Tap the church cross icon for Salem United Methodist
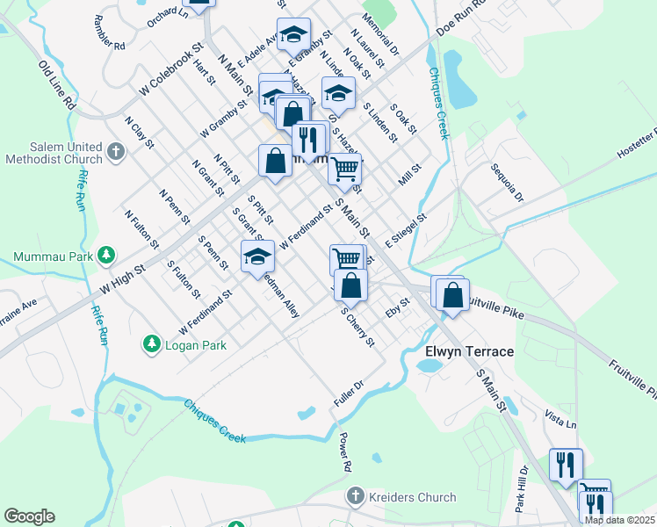tap(115, 153)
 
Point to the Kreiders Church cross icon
tap(355, 497)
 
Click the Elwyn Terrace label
tap(469, 351)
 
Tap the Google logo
tap(29, 516)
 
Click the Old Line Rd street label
tap(58, 84)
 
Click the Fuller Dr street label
tap(348, 393)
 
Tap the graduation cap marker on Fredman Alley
tap(258, 255)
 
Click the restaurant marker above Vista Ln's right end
tap(566, 463)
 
